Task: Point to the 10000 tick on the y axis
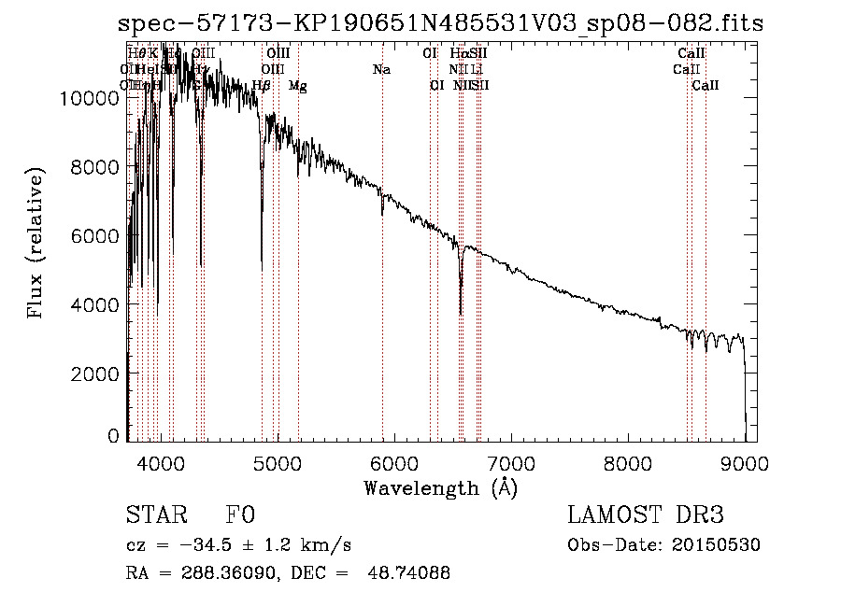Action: coord(94,97)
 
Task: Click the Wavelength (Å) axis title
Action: coord(440,487)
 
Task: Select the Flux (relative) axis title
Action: coord(36,245)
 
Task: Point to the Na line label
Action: coord(381,70)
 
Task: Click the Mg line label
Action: coord(297,86)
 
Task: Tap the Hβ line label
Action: coord(262,86)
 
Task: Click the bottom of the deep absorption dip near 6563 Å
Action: coord(461,314)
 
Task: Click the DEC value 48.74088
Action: coord(410,573)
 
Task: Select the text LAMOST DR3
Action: coord(645,515)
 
